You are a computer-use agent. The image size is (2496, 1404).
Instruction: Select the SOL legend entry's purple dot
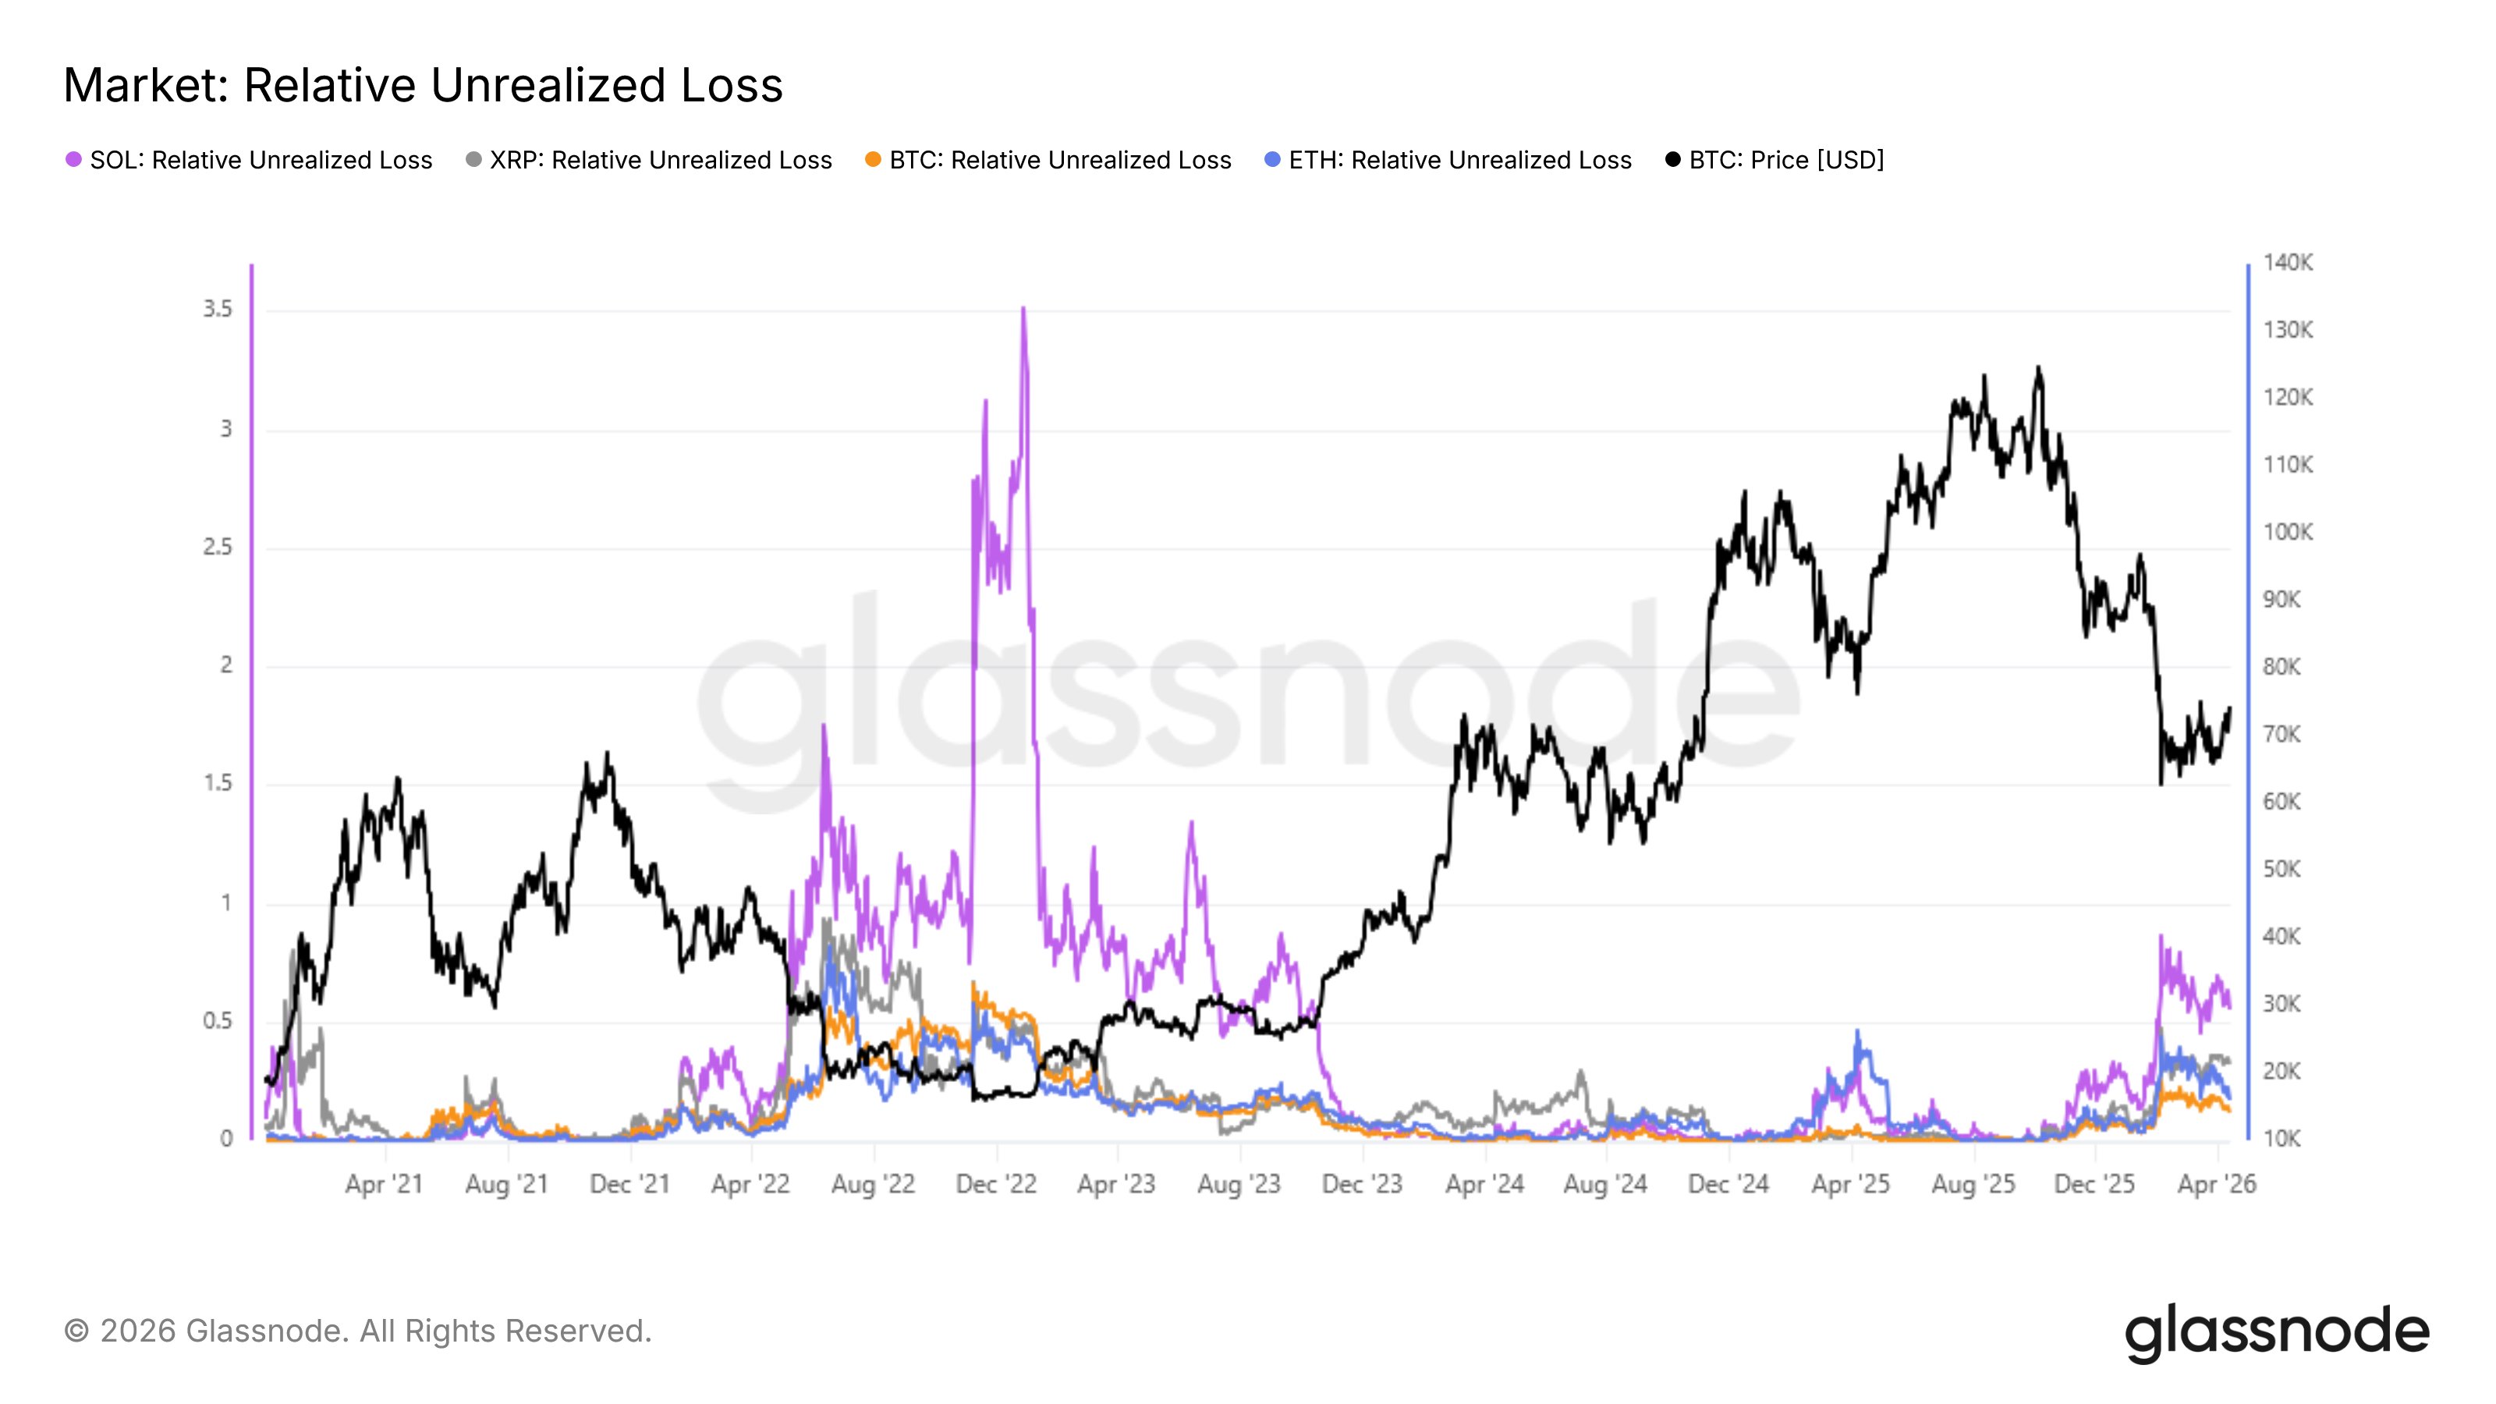click(x=73, y=160)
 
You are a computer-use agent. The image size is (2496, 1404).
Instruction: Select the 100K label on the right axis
click(x=2288, y=532)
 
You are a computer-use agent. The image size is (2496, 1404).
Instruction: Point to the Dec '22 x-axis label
click(x=996, y=1184)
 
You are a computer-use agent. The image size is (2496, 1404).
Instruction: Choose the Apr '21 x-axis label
click(x=384, y=1184)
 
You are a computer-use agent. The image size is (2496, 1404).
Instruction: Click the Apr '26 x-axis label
click(x=2217, y=1184)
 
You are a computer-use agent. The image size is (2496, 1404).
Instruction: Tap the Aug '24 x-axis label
click(x=1605, y=1184)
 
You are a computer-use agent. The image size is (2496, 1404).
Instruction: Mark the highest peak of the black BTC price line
click(x=2039, y=368)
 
